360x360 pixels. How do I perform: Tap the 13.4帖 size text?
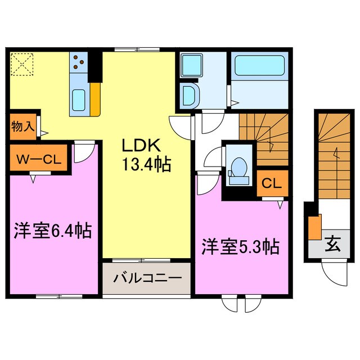click(144, 165)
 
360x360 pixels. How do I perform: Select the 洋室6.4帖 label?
click(52, 231)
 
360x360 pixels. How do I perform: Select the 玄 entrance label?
click(334, 245)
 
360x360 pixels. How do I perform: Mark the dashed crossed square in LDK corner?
click(22, 64)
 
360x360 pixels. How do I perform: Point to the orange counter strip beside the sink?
click(96, 100)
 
